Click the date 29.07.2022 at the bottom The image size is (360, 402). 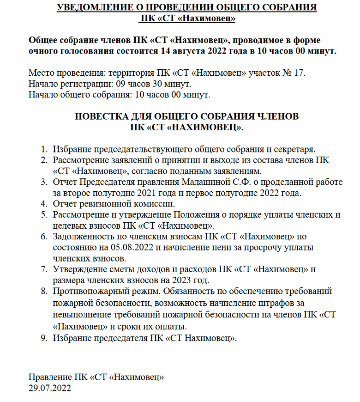click(x=50, y=389)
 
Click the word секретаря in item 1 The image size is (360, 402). click(x=292, y=150)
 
